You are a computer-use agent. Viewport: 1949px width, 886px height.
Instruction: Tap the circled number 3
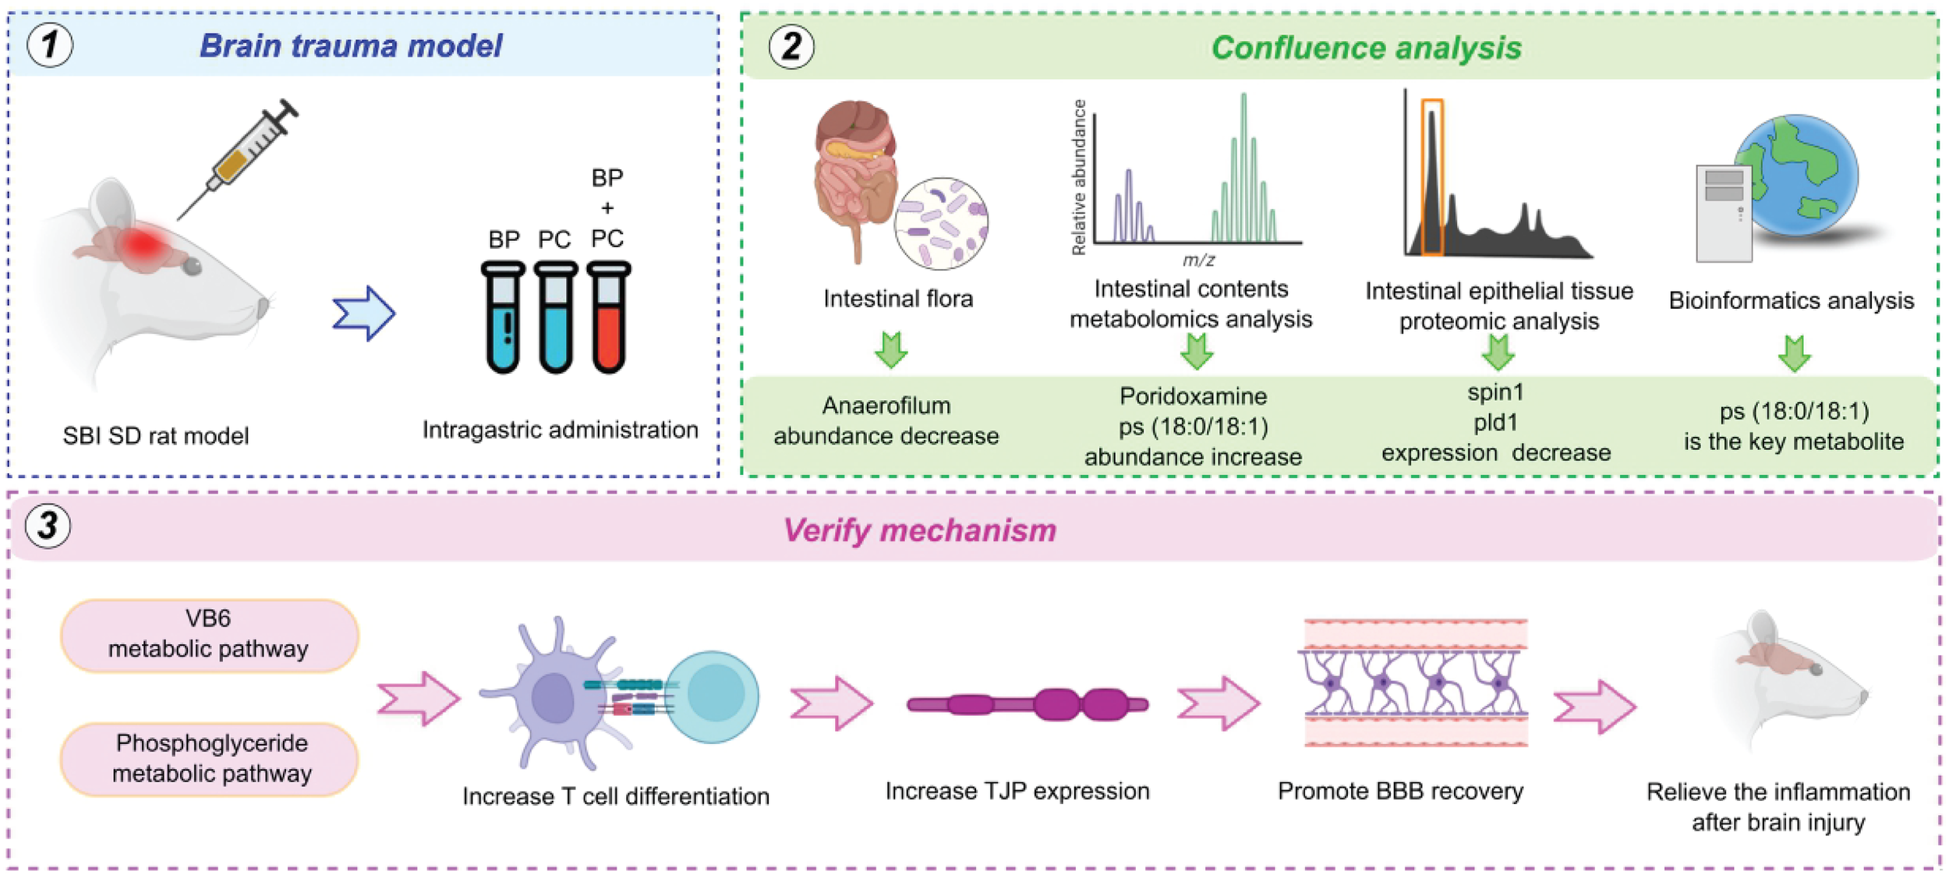[48, 525]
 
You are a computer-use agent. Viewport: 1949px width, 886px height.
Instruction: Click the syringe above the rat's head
[241, 156]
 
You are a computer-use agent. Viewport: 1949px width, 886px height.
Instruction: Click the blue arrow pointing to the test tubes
[364, 314]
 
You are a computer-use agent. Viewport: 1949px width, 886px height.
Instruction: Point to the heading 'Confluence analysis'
[1366, 48]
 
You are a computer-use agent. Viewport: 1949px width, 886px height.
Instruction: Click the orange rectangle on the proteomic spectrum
[1431, 177]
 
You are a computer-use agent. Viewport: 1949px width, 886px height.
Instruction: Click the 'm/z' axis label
[1198, 260]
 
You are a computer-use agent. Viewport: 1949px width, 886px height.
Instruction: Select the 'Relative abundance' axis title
[1079, 178]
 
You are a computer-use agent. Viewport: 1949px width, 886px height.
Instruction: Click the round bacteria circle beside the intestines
[941, 224]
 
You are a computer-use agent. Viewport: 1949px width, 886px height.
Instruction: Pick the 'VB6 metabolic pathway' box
[209, 634]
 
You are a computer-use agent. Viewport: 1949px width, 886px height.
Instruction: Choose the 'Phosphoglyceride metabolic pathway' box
[210, 758]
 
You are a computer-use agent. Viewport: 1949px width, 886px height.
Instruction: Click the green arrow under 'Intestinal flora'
[891, 349]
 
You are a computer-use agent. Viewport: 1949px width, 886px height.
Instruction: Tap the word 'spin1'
[1495, 392]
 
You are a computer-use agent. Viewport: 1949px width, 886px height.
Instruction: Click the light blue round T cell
[713, 696]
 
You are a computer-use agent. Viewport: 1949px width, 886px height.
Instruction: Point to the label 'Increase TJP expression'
[1017, 792]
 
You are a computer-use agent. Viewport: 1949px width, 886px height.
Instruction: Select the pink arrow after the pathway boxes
[419, 698]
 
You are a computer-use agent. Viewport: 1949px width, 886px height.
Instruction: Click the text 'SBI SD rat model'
[156, 436]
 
